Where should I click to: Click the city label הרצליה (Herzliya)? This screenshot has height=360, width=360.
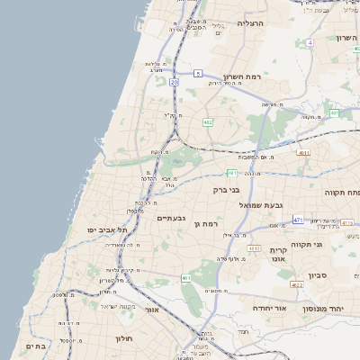pos(249,22)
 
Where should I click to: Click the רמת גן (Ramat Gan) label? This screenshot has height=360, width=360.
pos(207,223)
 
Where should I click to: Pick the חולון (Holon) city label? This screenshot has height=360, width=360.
pos(123,338)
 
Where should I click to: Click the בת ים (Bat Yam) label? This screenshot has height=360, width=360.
pos(35,346)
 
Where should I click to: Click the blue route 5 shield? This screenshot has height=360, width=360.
pos(197,72)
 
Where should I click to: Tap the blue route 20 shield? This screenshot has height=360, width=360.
pos(174,82)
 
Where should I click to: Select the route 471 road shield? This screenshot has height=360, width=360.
pos(298,220)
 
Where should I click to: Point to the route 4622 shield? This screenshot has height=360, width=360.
pos(297,285)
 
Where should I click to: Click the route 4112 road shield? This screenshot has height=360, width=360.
pos(254,248)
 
